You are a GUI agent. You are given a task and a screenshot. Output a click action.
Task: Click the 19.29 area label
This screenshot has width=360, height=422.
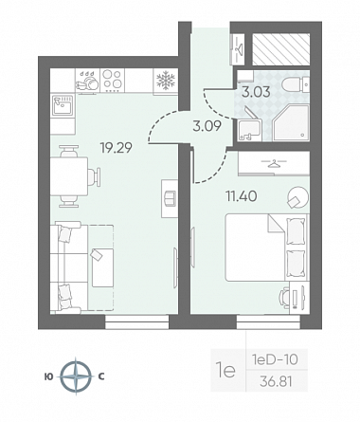click(x=116, y=147)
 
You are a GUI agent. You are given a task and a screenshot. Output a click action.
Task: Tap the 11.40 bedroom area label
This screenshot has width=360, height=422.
click(x=241, y=196)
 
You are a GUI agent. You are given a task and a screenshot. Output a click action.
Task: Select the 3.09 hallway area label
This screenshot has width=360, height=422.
click(x=207, y=126)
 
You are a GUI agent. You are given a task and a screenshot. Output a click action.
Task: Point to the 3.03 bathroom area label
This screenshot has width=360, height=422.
click(x=256, y=92)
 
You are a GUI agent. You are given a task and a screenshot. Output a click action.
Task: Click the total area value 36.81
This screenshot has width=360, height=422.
click(x=276, y=382)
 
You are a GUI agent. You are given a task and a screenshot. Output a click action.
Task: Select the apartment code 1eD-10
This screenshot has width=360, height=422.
click(x=275, y=359)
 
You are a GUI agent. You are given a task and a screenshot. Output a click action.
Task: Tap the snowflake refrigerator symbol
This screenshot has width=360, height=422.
click(x=166, y=81)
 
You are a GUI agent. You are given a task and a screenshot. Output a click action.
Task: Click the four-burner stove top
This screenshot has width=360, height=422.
click(x=113, y=80)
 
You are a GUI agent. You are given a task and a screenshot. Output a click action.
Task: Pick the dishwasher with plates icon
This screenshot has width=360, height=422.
click(x=87, y=81)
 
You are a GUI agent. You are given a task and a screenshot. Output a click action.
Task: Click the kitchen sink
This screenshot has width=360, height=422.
click(x=63, y=105)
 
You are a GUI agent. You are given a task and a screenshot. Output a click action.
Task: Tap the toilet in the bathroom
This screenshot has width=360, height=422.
click(x=295, y=84)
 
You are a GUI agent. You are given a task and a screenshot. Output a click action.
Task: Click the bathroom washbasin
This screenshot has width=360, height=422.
click(x=250, y=129)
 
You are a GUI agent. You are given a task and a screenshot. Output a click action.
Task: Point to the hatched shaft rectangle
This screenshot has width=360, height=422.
click(x=281, y=48)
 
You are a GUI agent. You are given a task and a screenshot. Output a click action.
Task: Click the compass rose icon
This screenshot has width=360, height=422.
click(x=76, y=376)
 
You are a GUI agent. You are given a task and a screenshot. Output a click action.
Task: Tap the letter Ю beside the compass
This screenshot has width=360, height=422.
click(x=49, y=376)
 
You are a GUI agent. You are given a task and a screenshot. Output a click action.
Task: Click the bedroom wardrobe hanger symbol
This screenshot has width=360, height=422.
click(x=274, y=164)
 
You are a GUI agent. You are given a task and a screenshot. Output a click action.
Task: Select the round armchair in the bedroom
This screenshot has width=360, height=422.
click(x=297, y=197)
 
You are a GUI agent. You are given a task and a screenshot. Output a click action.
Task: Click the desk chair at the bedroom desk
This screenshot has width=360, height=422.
click(x=284, y=298)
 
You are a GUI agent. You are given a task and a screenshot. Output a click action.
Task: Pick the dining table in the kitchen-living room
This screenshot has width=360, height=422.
click(x=69, y=176)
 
